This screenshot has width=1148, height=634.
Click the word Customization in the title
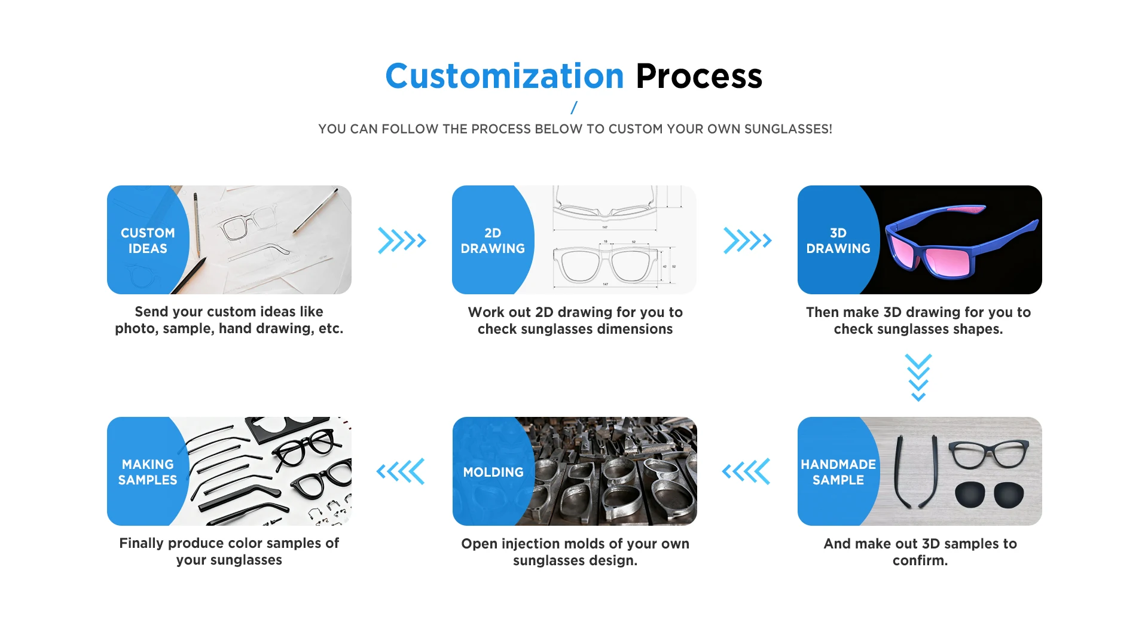[x=504, y=77]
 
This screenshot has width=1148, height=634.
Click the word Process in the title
[x=698, y=77]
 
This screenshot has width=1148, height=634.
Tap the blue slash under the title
[x=574, y=108]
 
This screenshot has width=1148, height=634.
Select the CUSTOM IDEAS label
[x=148, y=240]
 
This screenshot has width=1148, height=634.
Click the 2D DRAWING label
[x=493, y=240]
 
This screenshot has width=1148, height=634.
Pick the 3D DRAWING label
[x=838, y=240]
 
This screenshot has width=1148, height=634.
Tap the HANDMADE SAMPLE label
[x=838, y=472]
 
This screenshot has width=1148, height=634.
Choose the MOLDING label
[x=493, y=472]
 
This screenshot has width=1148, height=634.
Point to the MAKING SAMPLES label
[x=148, y=472]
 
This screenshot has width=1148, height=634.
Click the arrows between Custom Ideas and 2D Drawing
[x=402, y=240]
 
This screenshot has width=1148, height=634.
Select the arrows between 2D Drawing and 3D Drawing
[x=747, y=240]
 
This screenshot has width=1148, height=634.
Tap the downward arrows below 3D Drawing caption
[x=918, y=377]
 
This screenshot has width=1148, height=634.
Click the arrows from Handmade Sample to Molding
[x=746, y=472]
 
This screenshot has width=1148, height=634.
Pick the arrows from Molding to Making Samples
[x=401, y=472]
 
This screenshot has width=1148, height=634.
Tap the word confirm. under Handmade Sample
[x=920, y=560]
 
